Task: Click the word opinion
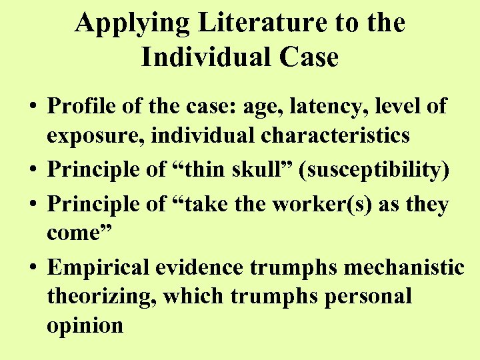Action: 85,326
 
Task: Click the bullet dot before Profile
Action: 31,107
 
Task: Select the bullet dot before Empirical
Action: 31,267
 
